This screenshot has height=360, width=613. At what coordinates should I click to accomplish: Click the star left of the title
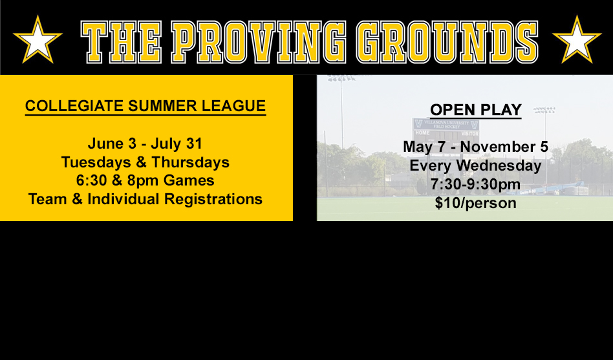coord(38,39)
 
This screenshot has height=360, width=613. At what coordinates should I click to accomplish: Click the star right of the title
coord(577,39)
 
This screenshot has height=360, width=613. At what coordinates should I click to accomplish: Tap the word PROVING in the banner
coord(259,42)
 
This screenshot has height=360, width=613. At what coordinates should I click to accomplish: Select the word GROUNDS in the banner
coord(447,42)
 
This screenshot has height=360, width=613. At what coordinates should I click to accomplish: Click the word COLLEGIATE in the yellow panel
coord(74,106)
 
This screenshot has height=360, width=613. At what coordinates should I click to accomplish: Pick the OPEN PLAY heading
coord(476,110)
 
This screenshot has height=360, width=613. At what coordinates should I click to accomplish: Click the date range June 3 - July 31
coord(145,143)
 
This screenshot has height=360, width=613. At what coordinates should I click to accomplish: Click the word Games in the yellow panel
coord(189,180)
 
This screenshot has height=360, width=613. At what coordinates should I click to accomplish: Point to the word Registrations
coord(213,199)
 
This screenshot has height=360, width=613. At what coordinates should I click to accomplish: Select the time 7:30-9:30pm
coord(476,184)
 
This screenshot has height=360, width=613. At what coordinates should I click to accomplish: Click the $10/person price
coord(476,203)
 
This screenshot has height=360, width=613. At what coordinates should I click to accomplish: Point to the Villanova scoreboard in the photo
coord(446,133)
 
